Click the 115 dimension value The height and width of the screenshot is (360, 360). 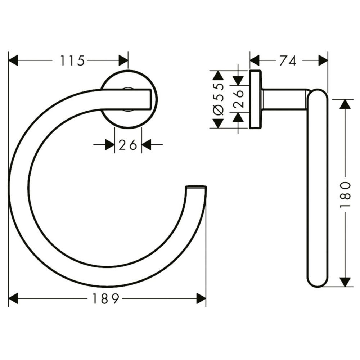(x=72, y=61)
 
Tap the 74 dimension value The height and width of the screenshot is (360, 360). (x=288, y=60)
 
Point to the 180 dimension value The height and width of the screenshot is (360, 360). (x=345, y=194)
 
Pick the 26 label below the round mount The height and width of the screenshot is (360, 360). (x=128, y=145)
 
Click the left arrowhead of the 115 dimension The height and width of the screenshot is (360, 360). (x=13, y=60)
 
